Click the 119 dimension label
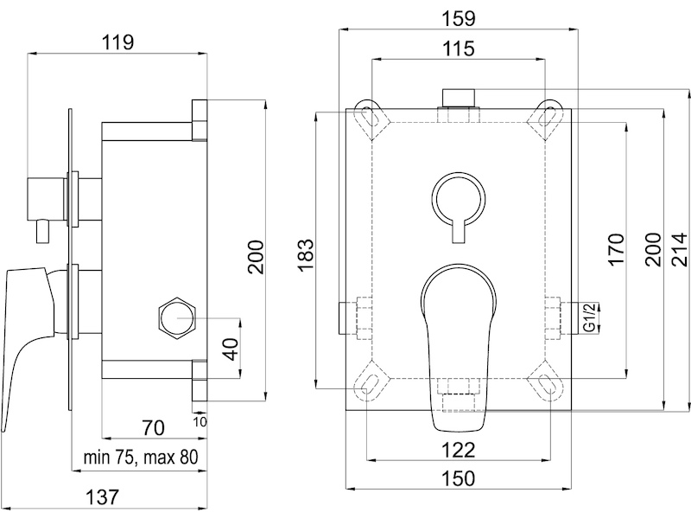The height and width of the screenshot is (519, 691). (117, 42)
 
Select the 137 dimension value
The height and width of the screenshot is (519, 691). (102, 497)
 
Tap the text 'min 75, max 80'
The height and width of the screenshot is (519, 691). (141, 458)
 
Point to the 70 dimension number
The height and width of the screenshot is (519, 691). (154, 427)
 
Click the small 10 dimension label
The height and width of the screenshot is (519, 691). (200, 422)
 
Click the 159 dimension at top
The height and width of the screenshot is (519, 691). (459, 18)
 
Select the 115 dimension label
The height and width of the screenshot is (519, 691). (459, 48)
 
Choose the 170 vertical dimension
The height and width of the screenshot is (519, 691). (616, 250)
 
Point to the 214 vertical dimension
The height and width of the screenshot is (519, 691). (679, 250)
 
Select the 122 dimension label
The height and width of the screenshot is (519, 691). (459, 450)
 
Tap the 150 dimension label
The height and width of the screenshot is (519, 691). (459, 478)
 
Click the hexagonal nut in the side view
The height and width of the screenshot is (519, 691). (177, 318)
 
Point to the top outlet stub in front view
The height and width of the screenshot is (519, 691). (459, 98)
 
